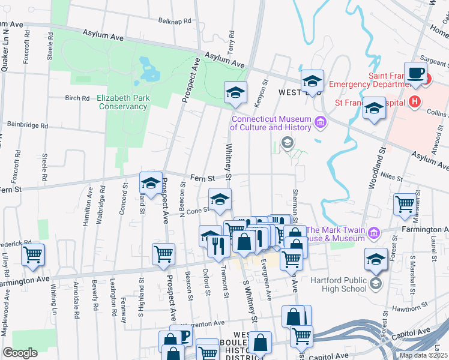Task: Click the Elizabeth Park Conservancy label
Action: point(122,102)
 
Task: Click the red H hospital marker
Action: point(413,102)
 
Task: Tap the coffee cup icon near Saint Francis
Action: point(415,74)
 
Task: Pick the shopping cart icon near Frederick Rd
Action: point(33,254)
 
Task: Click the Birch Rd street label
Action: point(77,98)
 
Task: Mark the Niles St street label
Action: point(390,176)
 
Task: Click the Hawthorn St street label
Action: point(406,310)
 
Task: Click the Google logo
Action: point(20,353)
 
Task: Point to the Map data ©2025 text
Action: point(423,355)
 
